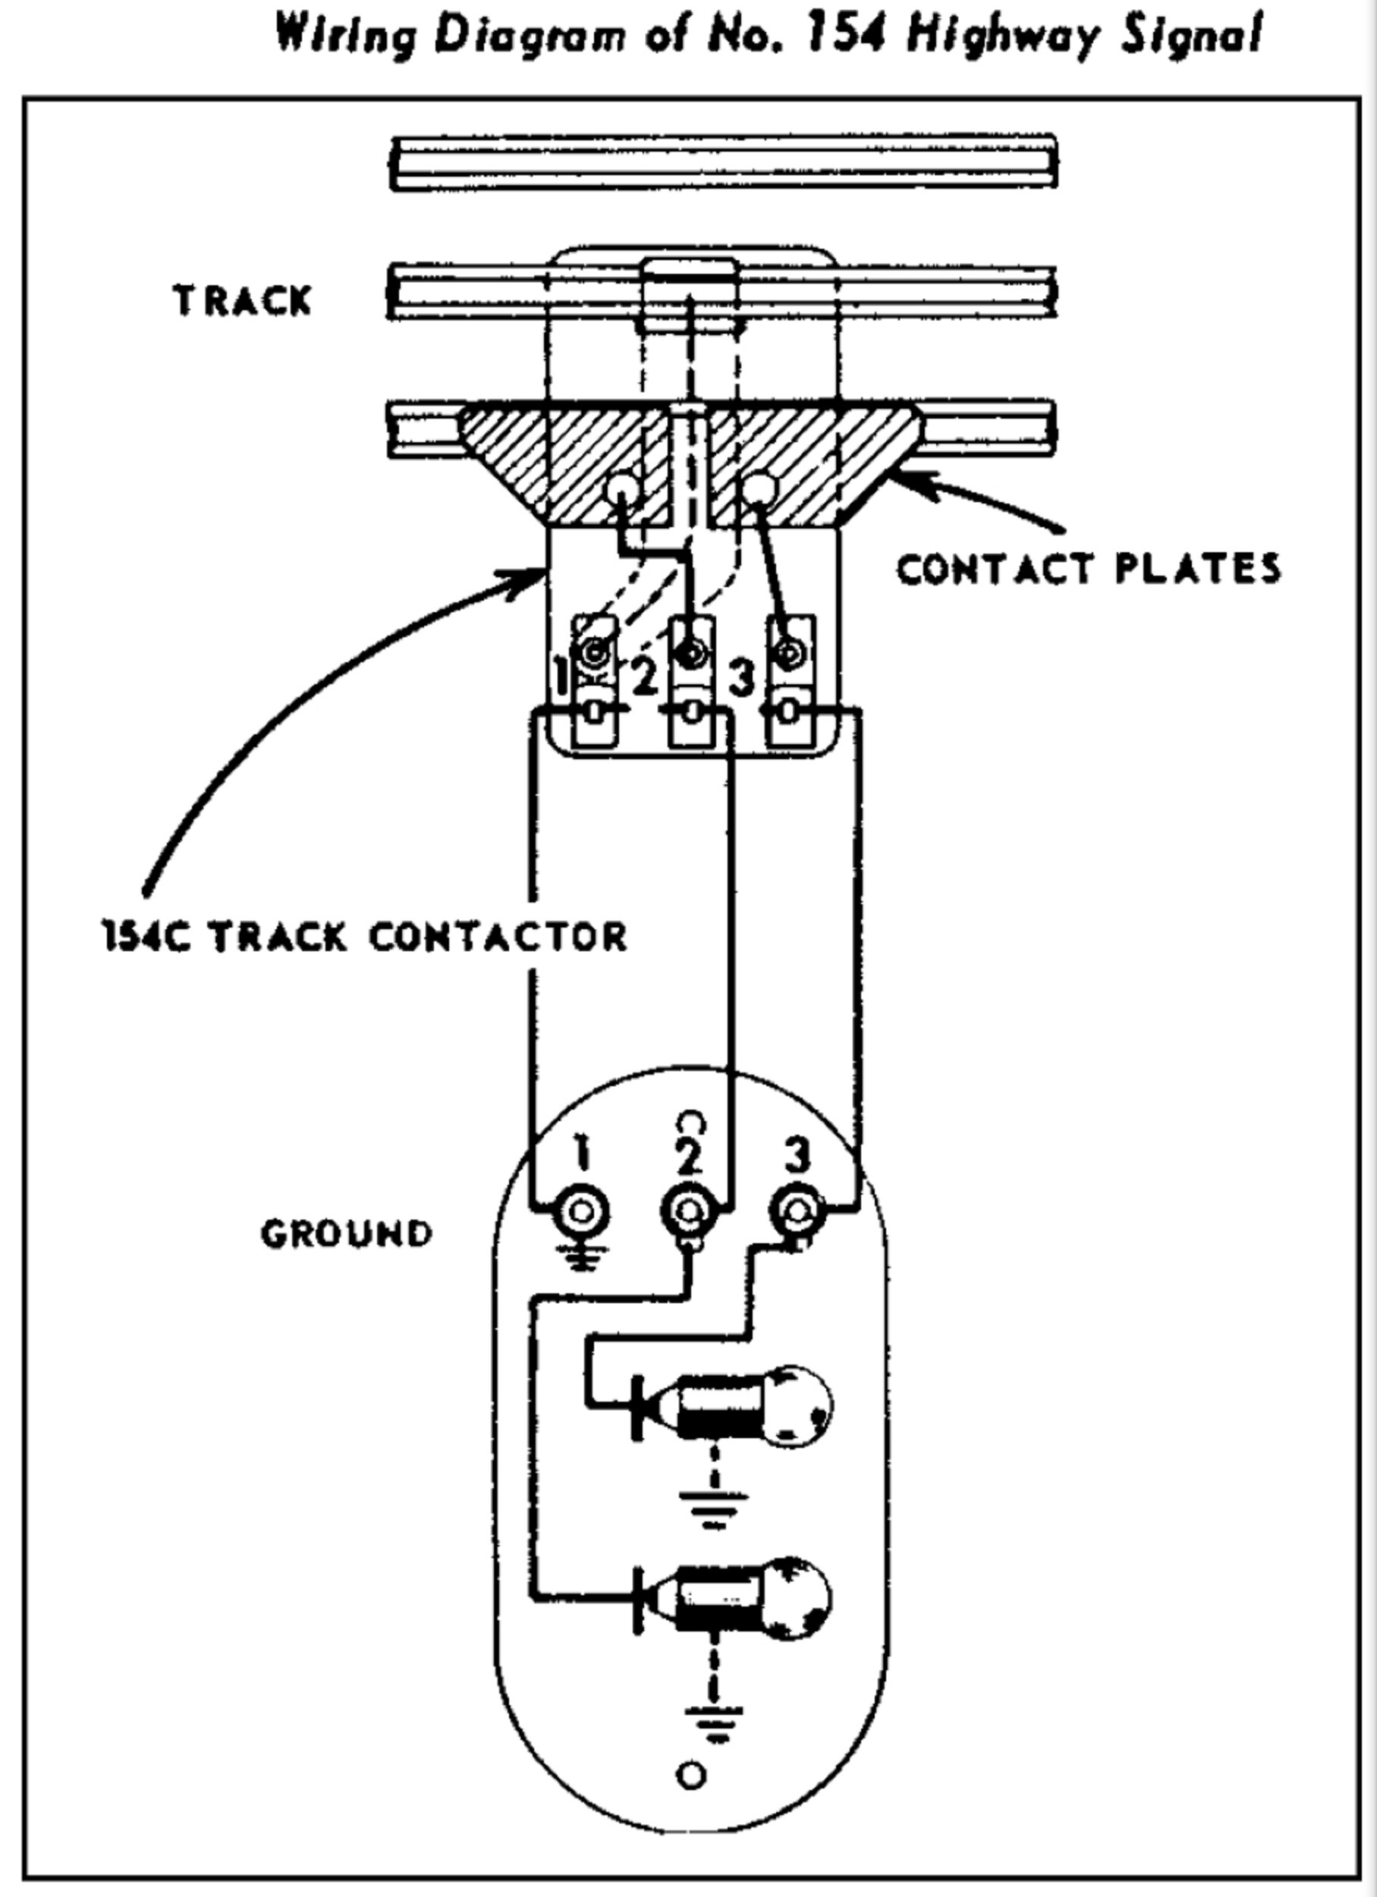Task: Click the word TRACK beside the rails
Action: [242, 301]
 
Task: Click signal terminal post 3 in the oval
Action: [797, 1211]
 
